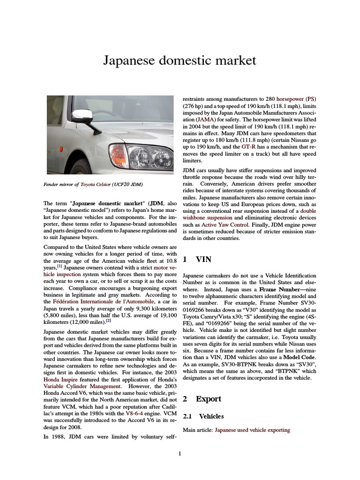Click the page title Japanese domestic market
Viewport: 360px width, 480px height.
pyautogui.click(x=180, y=60)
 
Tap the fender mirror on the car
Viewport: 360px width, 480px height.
pyautogui.click(x=85, y=115)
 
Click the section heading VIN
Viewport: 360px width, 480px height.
pyautogui.click(x=201, y=259)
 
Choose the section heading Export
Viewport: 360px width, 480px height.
pyautogui.click(x=208, y=399)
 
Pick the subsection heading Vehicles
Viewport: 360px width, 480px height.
pyautogui.click(x=211, y=416)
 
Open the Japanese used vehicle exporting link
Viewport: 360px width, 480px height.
pyautogui.click(x=252, y=430)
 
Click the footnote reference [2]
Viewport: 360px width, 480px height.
pyautogui.click(x=108, y=321)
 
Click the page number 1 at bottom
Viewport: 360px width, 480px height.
pyautogui.click(x=180, y=454)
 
